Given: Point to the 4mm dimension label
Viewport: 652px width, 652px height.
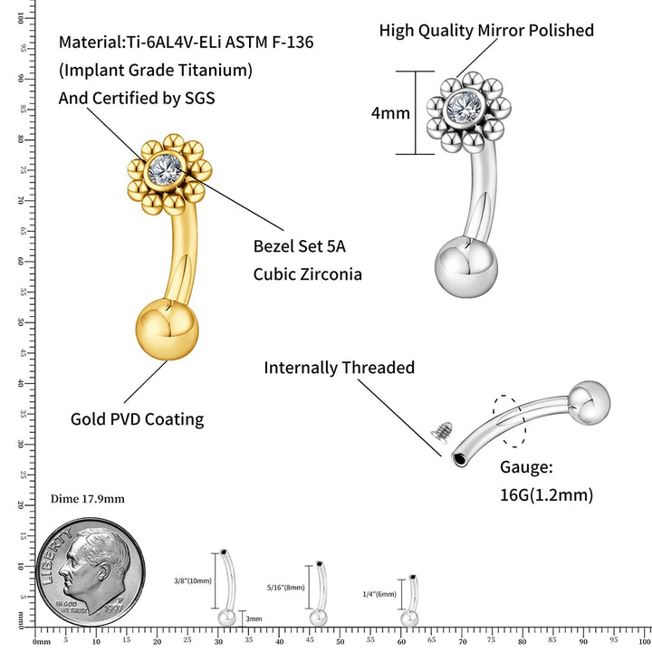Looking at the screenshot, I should point(390,114).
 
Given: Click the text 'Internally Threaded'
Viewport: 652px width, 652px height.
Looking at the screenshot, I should point(339,368).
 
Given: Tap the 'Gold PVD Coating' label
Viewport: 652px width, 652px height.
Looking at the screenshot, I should point(137,419).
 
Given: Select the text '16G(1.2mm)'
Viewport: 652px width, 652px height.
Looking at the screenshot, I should point(546,494).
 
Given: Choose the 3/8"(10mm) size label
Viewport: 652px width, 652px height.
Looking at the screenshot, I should point(192,580).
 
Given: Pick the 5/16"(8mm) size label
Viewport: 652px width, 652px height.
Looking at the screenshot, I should point(288,587).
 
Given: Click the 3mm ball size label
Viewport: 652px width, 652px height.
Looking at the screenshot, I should point(254,618).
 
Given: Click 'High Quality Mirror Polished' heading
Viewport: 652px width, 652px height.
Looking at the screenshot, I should point(486,31).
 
